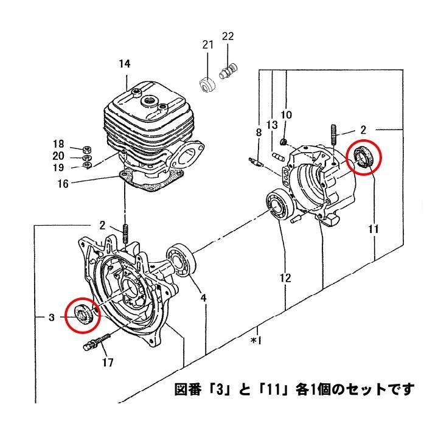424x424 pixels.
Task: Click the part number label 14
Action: [x=124, y=64]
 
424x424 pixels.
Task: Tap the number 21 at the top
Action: [x=208, y=44]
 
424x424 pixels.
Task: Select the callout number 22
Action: [x=228, y=36]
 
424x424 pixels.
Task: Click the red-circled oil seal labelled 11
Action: [x=364, y=158]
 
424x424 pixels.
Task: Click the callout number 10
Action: [x=286, y=114]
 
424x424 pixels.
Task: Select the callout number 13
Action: [x=272, y=125]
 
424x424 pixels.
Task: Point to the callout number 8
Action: [x=258, y=132]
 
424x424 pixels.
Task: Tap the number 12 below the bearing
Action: [x=285, y=279]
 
